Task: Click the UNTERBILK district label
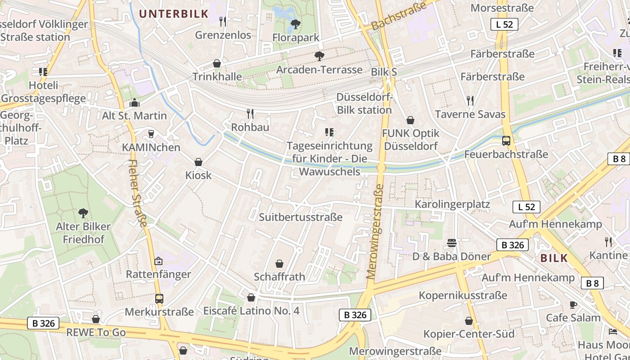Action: tap(173, 13)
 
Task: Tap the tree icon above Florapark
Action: tap(296, 24)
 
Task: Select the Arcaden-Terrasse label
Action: tap(319, 70)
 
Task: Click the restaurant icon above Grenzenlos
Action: tap(222, 21)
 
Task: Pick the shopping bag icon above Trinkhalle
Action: tap(217, 63)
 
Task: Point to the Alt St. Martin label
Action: tap(134, 116)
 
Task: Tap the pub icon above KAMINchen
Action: tap(151, 134)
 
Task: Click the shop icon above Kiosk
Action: tap(198, 162)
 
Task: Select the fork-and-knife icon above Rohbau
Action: tap(250, 114)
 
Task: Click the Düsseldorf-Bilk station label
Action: tap(364, 104)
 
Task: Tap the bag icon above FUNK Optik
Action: tap(410, 120)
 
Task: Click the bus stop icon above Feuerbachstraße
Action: tap(506, 141)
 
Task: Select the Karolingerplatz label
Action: tap(452, 204)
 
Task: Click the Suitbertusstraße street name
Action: tap(301, 217)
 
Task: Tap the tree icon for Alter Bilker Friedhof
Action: tap(83, 213)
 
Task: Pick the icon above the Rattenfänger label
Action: tap(158, 261)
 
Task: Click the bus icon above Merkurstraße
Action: tap(159, 298)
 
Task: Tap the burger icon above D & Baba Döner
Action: tap(452, 243)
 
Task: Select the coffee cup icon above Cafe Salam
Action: tap(573, 305)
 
